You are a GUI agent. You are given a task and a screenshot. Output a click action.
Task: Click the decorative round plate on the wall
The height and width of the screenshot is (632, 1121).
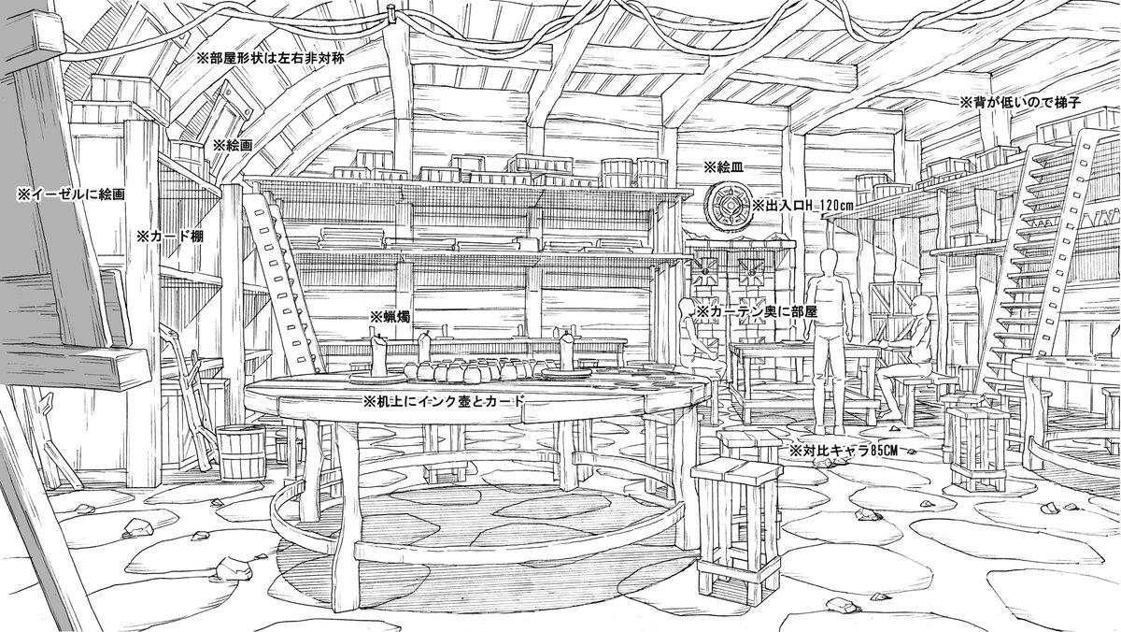728,207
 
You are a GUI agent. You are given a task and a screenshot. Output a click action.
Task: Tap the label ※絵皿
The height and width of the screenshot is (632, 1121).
723,167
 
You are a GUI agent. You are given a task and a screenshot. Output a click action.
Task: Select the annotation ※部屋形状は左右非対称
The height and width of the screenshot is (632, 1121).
270,58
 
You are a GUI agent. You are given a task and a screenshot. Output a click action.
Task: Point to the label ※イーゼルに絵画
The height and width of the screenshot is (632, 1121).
71,194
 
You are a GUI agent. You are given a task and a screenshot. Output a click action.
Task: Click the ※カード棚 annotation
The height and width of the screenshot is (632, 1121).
170,237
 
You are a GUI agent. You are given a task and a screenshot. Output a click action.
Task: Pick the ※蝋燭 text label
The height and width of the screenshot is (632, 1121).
390,317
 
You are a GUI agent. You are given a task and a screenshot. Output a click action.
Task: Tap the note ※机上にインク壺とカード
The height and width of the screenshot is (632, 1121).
444,401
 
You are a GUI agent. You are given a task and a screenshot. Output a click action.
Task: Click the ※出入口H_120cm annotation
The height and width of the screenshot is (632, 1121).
801,206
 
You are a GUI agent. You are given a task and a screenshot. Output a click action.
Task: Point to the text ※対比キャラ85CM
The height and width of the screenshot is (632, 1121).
843,451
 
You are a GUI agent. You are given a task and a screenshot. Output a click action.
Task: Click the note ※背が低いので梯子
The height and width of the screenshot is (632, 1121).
1020,103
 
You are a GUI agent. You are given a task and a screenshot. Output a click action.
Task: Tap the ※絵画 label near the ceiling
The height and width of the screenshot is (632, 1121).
233,146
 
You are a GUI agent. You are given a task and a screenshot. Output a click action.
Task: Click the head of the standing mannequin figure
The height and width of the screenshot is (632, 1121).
829,263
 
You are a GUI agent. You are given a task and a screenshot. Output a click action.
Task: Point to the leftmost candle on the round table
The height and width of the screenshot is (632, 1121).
378,356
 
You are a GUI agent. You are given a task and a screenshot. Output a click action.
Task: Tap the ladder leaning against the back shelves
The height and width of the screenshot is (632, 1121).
283,283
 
